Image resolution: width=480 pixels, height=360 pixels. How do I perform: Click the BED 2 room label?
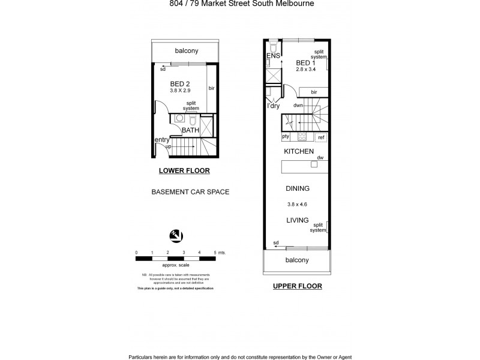(x=180, y=83)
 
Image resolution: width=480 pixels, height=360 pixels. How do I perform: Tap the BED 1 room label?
(x=305, y=62)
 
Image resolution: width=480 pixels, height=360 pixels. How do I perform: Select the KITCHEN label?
(x=299, y=152)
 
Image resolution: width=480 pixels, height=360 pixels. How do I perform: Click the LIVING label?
(x=298, y=220)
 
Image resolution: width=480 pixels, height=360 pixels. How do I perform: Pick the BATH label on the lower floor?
(x=190, y=130)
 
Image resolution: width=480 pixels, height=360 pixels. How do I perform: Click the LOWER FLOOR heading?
(x=184, y=170)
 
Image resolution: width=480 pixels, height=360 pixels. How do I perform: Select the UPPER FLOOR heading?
(x=298, y=286)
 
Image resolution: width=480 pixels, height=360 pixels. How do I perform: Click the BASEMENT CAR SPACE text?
(x=190, y=193)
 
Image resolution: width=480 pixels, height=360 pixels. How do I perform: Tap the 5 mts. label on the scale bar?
(x=218, y=253)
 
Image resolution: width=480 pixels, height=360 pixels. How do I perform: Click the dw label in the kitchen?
(x=320, y=158)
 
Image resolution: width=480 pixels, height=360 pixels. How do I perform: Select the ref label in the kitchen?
(x=321, y=137)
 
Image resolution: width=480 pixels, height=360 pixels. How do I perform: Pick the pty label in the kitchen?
(x=286, y=137)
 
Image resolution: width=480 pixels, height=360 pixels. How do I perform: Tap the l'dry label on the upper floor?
(x=275, y=106)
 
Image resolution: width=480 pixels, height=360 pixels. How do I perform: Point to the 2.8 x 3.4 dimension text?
(x=305, y=70)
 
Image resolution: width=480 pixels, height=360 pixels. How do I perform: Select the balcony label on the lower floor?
(x=187, y=51)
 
